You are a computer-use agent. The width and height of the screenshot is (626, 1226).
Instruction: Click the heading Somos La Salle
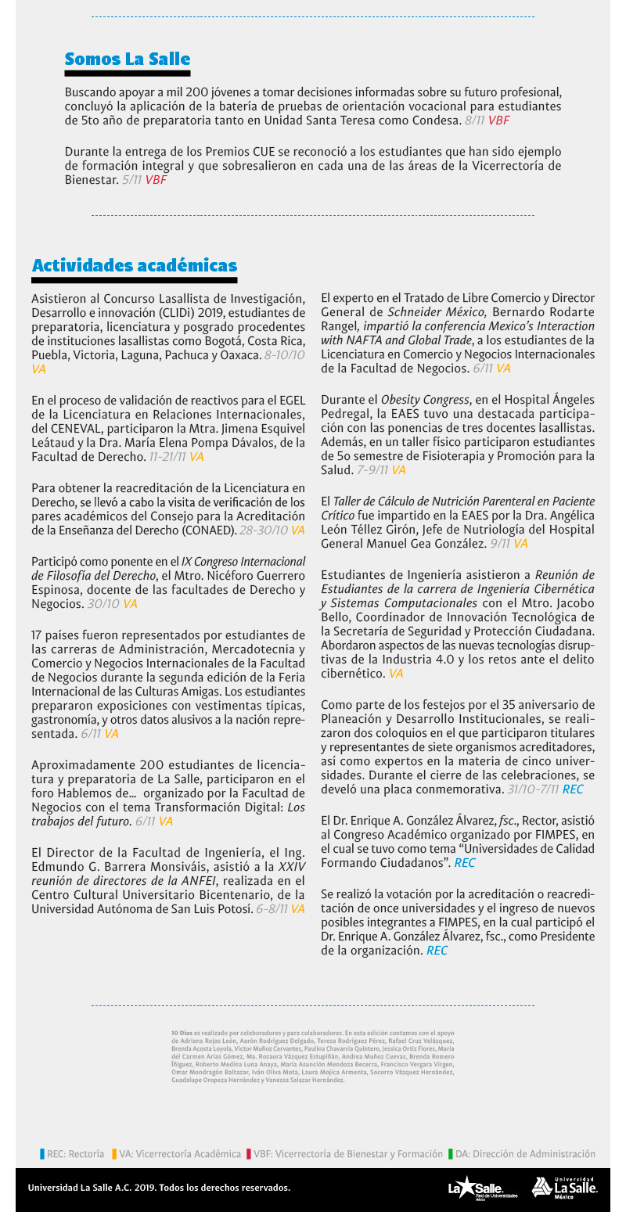127,59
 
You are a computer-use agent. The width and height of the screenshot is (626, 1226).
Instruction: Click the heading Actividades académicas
134,266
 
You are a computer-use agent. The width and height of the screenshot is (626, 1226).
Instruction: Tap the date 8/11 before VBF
474,120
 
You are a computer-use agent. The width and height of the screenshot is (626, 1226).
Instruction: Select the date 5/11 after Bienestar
131,179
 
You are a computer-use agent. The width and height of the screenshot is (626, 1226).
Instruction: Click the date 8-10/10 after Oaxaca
285,354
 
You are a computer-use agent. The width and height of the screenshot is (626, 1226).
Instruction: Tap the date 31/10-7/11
532,789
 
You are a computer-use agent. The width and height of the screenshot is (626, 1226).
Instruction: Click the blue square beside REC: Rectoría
42,1153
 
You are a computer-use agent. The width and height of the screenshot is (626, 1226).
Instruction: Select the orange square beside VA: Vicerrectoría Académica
114,1153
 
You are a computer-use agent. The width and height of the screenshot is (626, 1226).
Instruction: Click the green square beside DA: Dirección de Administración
451,1153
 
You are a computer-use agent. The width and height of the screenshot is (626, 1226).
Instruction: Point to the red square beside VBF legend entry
249,1153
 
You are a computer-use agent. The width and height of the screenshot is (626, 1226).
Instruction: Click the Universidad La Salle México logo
564,1188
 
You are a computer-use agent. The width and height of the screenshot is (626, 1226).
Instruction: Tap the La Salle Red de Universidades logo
482,1188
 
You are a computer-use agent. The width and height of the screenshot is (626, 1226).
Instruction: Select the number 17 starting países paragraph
38,634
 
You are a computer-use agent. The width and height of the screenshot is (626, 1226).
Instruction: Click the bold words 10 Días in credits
181,1033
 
